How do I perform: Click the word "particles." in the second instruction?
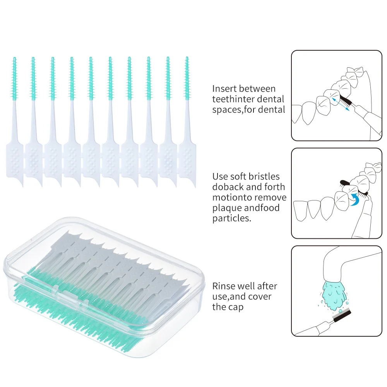tap(232, 219)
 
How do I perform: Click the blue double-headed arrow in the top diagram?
tap(341, 104)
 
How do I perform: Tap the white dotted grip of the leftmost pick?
tap(14, 159)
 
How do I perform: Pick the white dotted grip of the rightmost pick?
tap(187, 159)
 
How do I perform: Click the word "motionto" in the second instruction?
tap(230, 198)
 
